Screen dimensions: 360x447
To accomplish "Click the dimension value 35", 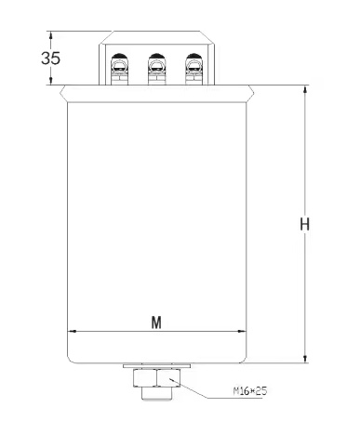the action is [x=50, y=58].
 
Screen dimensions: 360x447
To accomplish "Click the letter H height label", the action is [x=304, y=224].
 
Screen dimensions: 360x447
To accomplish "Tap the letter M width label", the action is [x=156, y=322].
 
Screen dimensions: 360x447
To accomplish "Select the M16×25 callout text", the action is [x=250, y=391].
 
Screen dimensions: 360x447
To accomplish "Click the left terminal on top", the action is [x=119, y=69].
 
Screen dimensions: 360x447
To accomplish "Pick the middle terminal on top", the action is [x=157, y=69].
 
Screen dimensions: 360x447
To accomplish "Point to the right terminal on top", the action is [x=194, y=69].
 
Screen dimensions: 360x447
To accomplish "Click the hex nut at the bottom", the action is [x=157, y=377].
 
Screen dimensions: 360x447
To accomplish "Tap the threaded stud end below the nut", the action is [x=157, y=393].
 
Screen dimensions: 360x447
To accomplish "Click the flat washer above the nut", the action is [x=156, y=366].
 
